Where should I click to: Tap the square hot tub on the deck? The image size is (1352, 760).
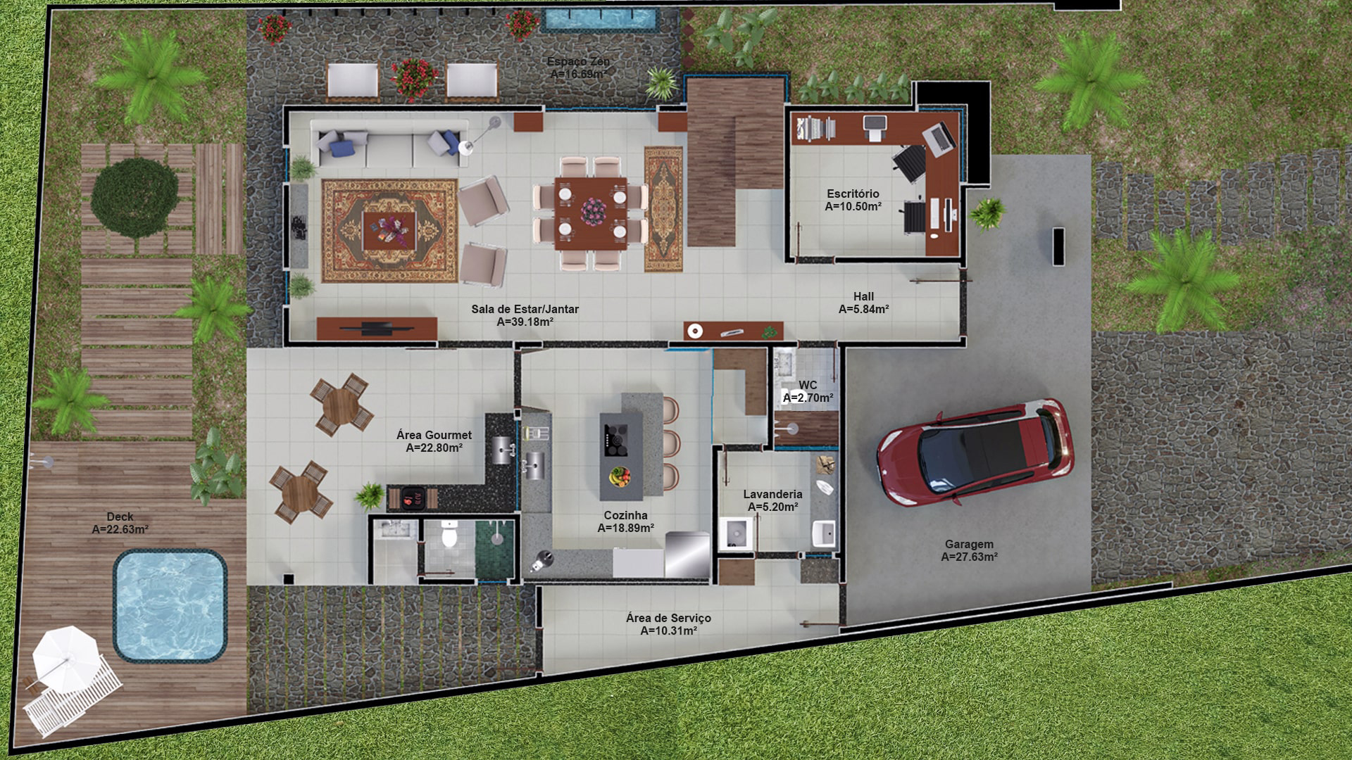click(x=170, y=606)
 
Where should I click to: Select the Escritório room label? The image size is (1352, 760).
click(x=853, y=194)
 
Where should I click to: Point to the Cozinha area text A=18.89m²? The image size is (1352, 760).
click(x=626, y=528)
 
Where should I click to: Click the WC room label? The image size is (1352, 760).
click(x=808, y=385)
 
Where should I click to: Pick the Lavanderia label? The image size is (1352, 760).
click(x=772, y=494)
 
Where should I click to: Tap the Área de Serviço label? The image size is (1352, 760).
click(x=668, y=618)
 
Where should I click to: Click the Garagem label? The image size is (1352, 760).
click(x=970, y=544)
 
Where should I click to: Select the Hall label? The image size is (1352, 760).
click(x=863, y=296)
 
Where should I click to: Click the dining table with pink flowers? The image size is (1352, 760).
click(x=590, y=213)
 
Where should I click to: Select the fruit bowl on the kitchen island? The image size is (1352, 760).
click(x=620, y=476)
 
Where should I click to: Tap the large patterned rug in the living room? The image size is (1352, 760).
click(x=390, y=231)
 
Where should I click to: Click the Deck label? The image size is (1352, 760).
click(x=120, y=517)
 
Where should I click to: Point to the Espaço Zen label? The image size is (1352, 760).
click(x=578, y=61)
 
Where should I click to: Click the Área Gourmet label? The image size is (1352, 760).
click(x=434, y=435)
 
